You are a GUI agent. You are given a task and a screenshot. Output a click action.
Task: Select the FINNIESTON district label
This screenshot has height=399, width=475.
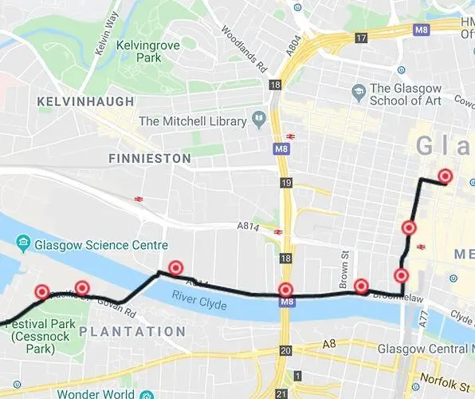[x=150, y=158]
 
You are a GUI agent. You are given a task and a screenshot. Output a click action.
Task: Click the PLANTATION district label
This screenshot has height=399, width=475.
[x=133, y=331]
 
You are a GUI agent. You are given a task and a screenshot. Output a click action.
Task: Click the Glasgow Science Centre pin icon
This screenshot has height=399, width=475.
[x=23, y=243]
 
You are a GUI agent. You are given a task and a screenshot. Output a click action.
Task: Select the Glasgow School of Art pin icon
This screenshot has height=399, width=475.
[x=359, y=93]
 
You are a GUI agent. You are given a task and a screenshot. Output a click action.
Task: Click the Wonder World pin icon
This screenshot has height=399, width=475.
[x=146, y=394]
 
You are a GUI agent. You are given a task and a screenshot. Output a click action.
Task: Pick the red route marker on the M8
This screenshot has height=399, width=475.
[x=285, y=290]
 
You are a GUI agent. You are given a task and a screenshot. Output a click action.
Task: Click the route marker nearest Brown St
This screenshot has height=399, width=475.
[x=361, y=286]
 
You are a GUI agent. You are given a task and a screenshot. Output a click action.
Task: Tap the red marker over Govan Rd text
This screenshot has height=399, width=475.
[x=81, y=288]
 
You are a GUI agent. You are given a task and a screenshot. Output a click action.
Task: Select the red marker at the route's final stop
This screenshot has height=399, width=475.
[x=445, y=176]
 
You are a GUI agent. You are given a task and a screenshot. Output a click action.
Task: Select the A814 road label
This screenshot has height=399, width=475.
[x=249, y=227]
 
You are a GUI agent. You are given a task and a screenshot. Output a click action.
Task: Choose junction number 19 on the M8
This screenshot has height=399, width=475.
[x=285, y=184]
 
